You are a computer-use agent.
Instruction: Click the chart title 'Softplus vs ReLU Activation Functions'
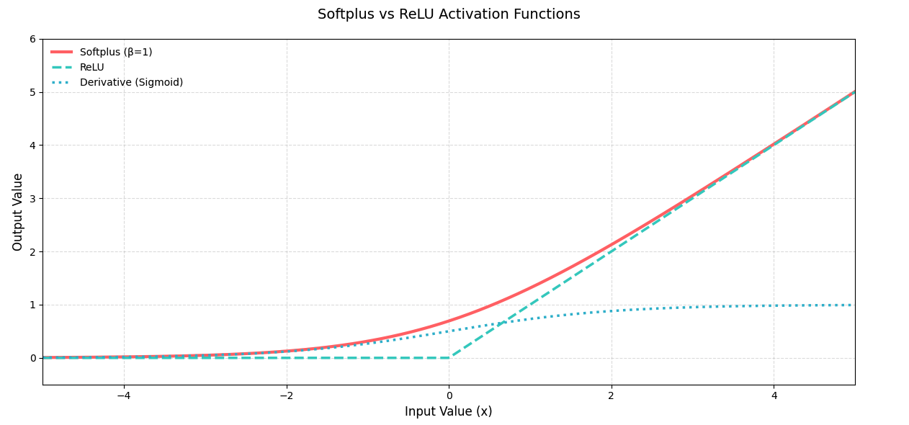tap(449, 14)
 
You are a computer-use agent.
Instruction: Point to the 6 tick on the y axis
tap(32, 40)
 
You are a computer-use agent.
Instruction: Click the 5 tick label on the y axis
tap(32, 92)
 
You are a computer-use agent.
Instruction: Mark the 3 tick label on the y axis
tap(32, 199)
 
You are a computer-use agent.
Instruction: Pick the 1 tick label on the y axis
tap(32, 305)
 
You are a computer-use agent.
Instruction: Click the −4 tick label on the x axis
tap(124, 395)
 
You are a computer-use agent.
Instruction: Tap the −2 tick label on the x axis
tap(287, 395)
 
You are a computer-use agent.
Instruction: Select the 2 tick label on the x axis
tap(611, 395)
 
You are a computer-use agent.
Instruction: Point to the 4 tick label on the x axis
tap(774, 395)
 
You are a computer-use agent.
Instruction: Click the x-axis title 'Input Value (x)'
tap(449, 411)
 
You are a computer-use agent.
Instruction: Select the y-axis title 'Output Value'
tap(17, 212)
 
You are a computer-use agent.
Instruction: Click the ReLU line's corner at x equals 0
tap(449, 358)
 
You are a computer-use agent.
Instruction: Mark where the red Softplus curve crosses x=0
tap(449, 321)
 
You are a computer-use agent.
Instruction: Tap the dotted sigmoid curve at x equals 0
tap(449, 331)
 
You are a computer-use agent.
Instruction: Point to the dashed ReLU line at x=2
tap(611, 251)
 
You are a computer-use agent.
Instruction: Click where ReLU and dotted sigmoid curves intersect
tap(502, 323)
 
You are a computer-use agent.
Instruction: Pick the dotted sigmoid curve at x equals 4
tap(774, 305)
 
